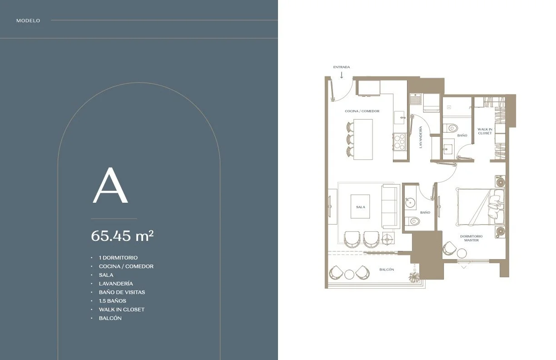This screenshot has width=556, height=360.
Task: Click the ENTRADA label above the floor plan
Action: point(341,67)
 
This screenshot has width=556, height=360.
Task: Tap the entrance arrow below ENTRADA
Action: point(342,75)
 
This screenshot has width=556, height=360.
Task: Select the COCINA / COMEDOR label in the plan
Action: point(362,111)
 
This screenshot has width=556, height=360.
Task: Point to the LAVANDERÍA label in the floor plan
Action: point(421,137)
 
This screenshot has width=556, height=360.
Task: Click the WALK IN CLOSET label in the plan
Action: point(485,131)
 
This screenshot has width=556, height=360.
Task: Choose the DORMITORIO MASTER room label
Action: point(472,238)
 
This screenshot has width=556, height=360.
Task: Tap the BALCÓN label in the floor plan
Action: point(387,270)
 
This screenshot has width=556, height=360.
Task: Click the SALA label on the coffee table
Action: point(360,207)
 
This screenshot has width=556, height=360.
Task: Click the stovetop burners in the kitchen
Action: point(400,142)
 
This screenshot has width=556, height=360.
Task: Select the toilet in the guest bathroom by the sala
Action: point(412,221)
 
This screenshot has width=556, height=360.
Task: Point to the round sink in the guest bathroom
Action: point(410,203)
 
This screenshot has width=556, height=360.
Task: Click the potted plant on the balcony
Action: point(414,277)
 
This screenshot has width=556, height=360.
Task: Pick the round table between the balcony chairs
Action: point(349,275)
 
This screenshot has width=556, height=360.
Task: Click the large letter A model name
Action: point(110,185)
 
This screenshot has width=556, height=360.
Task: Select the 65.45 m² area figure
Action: point(122,235)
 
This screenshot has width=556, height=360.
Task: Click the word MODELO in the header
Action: point(28,20)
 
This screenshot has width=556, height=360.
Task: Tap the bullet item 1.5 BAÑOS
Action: point(113,301)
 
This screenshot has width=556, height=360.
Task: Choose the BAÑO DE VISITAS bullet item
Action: point(122,292)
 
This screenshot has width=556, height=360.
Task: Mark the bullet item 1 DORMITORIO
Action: point(118,258)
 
